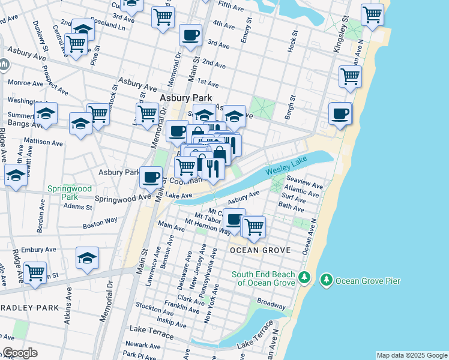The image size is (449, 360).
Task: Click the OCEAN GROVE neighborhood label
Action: pos(260,250)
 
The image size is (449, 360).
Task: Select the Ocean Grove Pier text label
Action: pos(367,280)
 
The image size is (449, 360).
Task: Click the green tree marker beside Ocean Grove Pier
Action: pos(326,280)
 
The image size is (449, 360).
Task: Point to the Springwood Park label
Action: pos(70,193)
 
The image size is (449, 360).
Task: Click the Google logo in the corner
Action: pos(19,353)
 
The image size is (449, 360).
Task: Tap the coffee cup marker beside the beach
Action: pos(340,114)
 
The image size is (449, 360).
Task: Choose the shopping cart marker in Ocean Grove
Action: pos(254,227)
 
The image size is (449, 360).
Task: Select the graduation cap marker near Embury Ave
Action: pos(87,259)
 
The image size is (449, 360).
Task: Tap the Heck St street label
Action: pos(292,41)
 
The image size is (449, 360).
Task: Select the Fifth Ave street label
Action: pos(232,4)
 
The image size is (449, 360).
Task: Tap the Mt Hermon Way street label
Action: pos(207,226)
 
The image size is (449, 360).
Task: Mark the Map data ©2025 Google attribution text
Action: pos(412,355)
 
